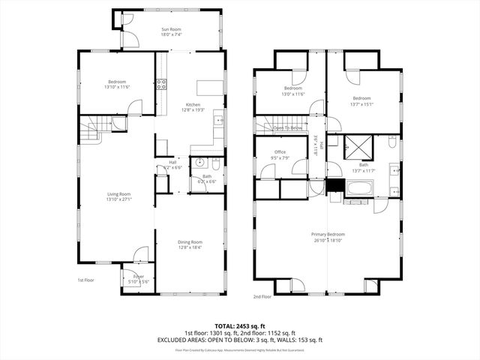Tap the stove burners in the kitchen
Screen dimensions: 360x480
tap(160, 85)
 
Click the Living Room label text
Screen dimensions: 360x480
tap(118, 194)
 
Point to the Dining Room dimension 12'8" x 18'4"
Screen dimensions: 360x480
tap(190, 247)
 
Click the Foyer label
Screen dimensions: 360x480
tap(139, 276)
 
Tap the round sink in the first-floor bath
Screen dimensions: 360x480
tap(200, 162)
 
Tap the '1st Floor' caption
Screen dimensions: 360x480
tap(86, 280)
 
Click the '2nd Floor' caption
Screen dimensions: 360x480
tap(262, 296)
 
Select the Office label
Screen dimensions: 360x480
tap(280, 152)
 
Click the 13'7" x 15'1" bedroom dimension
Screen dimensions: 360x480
tap(362, 103)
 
